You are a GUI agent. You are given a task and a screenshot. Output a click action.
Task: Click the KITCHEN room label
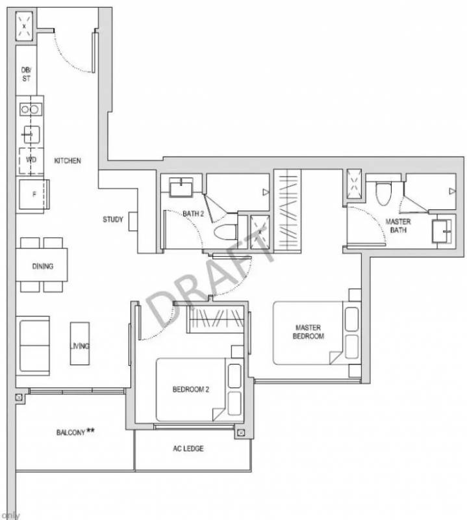tap(68, 161)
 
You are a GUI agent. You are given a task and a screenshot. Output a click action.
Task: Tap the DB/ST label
tap(26, 74)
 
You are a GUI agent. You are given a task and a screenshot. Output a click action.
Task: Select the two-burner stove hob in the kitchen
tap(31, 109)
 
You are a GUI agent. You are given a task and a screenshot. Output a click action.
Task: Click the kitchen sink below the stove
tap(31, 135)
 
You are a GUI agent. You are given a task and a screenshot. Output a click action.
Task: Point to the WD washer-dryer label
tap(31, 160)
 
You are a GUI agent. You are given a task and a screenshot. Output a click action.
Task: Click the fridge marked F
tap(34, 194)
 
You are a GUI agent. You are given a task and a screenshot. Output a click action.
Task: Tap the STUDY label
tap(112, 219)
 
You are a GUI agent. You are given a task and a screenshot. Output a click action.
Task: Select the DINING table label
tap(42, 266)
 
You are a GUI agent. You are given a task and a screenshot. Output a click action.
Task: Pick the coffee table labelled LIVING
tap(79, 344)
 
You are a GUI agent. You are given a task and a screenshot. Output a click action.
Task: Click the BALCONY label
tap(71, 432)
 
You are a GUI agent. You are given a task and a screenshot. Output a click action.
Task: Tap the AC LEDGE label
tap(188, 448)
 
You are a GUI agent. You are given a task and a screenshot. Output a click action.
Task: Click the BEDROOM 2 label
tap(191, 389)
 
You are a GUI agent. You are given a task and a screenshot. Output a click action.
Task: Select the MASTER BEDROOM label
tap(309, 331)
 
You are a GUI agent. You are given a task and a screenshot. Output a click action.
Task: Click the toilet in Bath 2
tap(225, 232)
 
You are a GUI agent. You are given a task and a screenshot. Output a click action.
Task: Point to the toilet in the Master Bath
tap(383, 193)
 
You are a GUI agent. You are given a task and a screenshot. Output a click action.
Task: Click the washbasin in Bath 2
tap(181, 187)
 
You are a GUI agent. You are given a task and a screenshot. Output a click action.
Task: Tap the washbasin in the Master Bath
tap(442, 231)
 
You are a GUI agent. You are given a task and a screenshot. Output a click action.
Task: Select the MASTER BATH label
tap(398, 226)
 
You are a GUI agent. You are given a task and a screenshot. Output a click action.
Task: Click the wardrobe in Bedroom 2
tap(216, 318)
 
